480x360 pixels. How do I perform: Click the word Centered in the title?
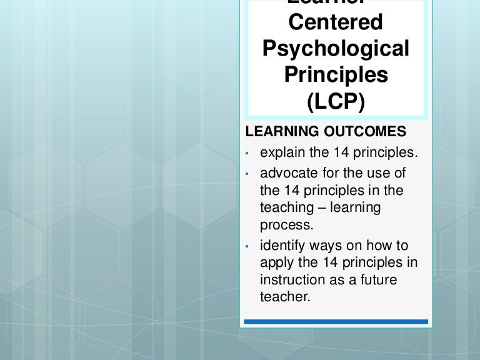tap(335, 22)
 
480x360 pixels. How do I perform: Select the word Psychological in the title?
tap(336, 49)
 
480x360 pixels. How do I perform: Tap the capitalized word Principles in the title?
tap(336, 74)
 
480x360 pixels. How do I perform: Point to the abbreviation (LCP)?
tap(336, 101)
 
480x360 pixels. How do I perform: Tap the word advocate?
tap(286, 173)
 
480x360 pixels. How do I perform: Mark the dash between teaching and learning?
tap(319, 207)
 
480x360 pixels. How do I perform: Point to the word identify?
tap(281, 246)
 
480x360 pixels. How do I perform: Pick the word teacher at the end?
tap(285, 296)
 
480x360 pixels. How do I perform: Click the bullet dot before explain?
tap(247, 153)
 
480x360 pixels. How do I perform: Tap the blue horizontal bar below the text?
tap(336, 322)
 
